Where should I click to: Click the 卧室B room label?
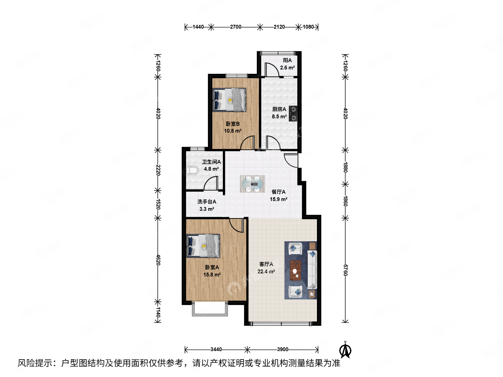[233, 124]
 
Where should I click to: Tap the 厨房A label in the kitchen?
[279, 109]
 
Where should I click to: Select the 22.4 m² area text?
[266, 272]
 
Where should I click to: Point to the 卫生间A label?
[211, 162]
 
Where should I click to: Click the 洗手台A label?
[206, 202]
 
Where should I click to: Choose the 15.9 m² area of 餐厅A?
[278, 199]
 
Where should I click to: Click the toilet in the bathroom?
[192, 171]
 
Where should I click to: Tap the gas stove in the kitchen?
[293, 114]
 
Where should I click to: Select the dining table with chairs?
[252, 184]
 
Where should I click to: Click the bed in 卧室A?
[203, 246]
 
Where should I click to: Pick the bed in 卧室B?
[229, 100]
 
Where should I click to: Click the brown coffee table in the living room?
[296, 271]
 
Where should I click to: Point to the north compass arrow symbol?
[345, 350]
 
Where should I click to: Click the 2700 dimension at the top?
[235, 27]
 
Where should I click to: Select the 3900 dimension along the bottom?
[283, 349]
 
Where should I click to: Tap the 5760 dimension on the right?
[345, 270]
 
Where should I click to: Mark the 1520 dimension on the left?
[158, 204]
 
